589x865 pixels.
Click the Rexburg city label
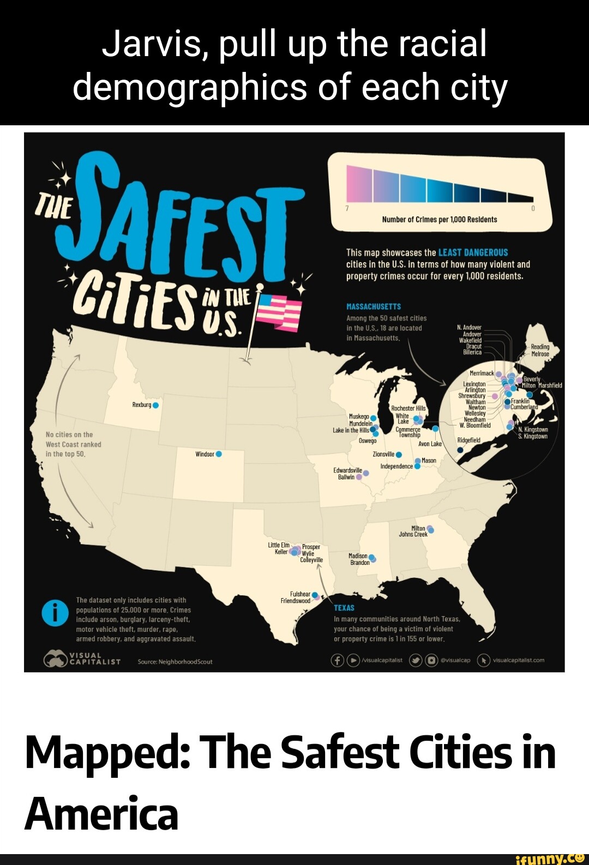point(141,405)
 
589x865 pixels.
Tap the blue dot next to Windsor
point(219,454)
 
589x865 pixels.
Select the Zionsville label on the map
point(383,454)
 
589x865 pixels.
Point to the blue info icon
point(55,613)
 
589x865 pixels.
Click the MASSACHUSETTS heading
point(374,307)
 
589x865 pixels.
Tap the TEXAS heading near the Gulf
point(344,608)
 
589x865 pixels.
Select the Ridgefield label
point(469,440)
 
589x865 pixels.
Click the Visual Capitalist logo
point(82,659)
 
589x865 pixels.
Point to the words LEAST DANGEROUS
point(473,253)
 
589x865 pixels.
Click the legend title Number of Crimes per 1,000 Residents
point(440,220)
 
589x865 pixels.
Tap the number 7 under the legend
point(347,209)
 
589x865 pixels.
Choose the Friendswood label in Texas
point(295,601)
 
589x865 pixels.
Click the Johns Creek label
point(413,534)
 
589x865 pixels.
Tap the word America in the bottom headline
point(101,813)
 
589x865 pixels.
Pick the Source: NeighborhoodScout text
point(175,662)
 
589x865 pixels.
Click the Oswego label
point(368,441)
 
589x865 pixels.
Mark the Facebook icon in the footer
point(338,660)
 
